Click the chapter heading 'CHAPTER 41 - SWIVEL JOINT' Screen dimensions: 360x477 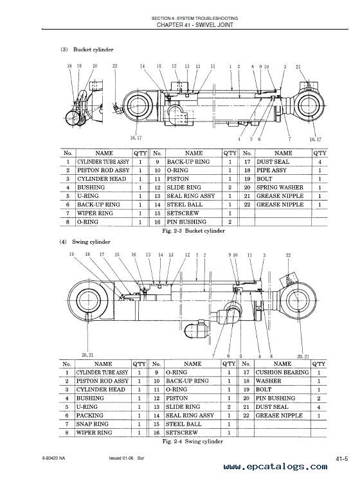[x=195, y=25]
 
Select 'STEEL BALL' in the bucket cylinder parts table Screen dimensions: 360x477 [x=184, y=204]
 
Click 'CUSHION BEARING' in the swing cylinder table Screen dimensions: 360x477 [x=282, y=372]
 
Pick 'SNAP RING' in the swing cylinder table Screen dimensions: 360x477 [x=92, y=424]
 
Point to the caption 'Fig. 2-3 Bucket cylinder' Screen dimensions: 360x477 [x=194, y=231]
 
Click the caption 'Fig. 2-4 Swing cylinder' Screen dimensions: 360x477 [x=193, y=441]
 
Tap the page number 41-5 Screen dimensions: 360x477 [x=342, y=459]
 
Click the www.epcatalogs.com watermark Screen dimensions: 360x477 [x=275, y=467]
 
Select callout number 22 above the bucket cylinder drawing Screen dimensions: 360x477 [x=114, y=66]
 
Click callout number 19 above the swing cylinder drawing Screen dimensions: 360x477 [x=71, y=255]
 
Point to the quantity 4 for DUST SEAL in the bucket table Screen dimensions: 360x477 [x=319, y=162]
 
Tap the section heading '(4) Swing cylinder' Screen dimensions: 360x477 [x=85, y=242]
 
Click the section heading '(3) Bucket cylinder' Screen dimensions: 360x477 [x=87, y=50]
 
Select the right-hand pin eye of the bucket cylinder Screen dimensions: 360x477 [x=310, y=106]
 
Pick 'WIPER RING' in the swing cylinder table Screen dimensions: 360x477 [x=94, y=432]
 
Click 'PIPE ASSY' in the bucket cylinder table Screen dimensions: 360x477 [x=271, y=170]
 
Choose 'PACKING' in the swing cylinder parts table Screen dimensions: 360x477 [x=89, y=415]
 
